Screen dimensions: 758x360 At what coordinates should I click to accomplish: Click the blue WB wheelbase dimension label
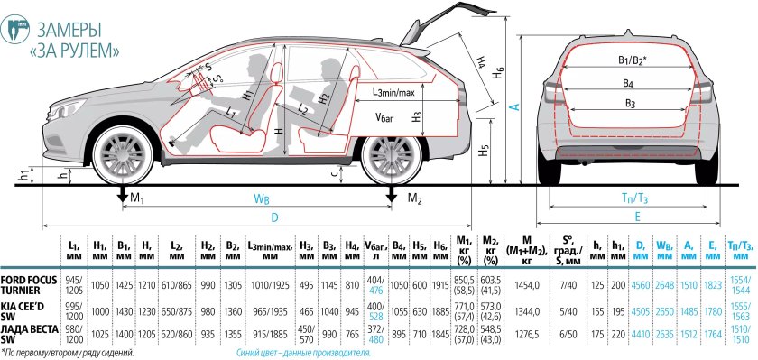tap(262, 198)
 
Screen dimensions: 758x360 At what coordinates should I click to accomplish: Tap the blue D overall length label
tap(274, 218)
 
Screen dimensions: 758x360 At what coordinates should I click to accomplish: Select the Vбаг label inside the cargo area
tap(385, 117)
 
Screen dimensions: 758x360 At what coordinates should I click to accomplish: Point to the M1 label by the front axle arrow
tap(137, 198)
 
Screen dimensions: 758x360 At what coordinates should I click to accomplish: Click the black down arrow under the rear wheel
tap(391, 194)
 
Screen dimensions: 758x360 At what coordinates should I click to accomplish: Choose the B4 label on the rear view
tap(628, 84)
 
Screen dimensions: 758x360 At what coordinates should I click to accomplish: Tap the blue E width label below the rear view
tap(638, 217)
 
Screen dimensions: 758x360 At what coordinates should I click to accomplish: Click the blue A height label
tap(516, 106)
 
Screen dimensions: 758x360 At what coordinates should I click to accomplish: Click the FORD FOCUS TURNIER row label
tap(29, 285)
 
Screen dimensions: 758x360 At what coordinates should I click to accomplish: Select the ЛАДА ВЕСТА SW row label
tap(29, 335)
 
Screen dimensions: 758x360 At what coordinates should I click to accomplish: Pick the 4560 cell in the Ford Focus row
tap(641, 285)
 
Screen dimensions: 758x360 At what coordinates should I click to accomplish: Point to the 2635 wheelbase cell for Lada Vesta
tap(665, 335)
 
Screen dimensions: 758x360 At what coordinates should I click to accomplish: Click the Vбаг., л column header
tap(376, 250)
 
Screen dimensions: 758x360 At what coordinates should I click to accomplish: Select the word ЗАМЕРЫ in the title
tap(69, 31)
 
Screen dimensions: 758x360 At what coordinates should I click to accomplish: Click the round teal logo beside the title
tap(15, 30)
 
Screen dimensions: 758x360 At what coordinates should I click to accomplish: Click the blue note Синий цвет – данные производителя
tap(303, 353)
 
